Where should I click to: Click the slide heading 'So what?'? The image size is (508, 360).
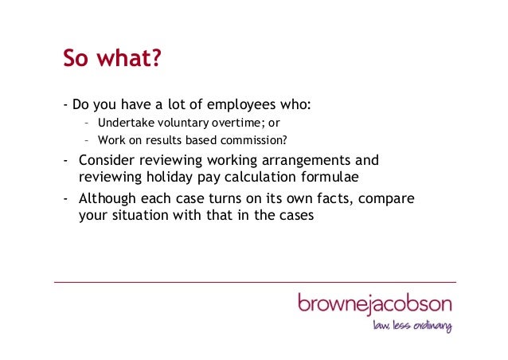click(112, 60)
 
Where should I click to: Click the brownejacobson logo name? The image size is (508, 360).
click(375, 304)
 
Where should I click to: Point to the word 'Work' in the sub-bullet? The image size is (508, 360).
click(111, 141)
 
